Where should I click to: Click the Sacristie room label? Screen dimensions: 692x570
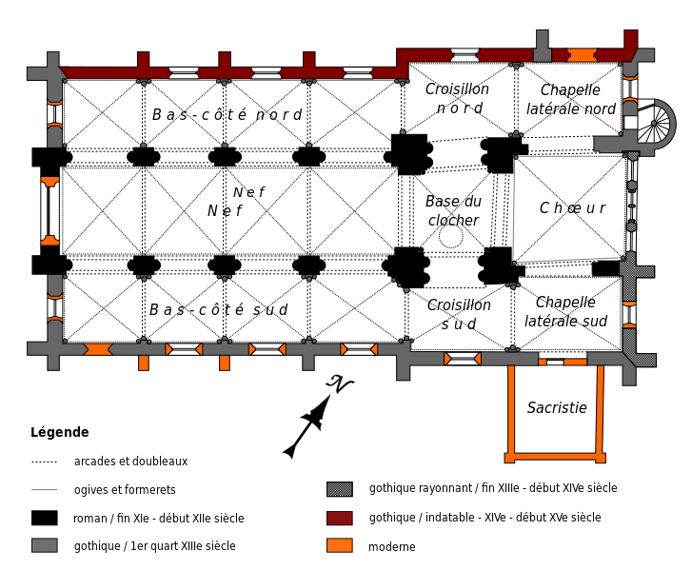coord(557,407)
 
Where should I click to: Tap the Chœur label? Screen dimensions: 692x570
coord(572,207)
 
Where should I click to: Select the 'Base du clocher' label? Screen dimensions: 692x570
coord(453,211)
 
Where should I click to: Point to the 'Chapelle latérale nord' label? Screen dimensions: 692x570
coord(570,99)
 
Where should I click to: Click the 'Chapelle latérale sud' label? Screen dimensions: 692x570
coord(565,311)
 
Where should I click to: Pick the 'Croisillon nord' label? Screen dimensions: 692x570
coord(457,98)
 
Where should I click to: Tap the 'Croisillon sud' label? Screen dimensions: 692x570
coord(459,314)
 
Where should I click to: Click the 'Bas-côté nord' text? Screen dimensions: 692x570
coord(227,115)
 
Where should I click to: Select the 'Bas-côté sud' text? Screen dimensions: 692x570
coord(219,309)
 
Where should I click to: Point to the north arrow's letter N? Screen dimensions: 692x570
coord(339,383)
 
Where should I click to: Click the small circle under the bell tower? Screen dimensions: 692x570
coord(451,236)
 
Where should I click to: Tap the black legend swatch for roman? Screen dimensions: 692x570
coord(45,518)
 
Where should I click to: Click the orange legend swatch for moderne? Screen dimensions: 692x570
coord(340,546)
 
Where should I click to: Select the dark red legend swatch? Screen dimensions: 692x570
coord(340,518)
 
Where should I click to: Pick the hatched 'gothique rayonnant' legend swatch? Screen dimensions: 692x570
coord(340,489)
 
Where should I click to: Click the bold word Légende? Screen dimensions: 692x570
coord(60,432)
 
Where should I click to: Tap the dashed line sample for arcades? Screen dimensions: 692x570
coord(44,462)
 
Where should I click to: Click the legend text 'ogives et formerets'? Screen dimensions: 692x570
coord(125,490)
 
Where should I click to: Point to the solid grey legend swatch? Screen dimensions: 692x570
coord(45,545)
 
